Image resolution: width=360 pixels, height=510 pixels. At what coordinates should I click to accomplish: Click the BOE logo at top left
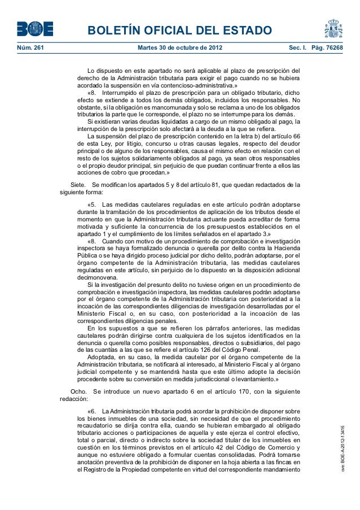point(35,29)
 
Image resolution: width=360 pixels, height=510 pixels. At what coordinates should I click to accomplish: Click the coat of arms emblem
point(333,28)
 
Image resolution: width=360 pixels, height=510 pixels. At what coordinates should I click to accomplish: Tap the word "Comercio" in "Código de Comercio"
point(280,447)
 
